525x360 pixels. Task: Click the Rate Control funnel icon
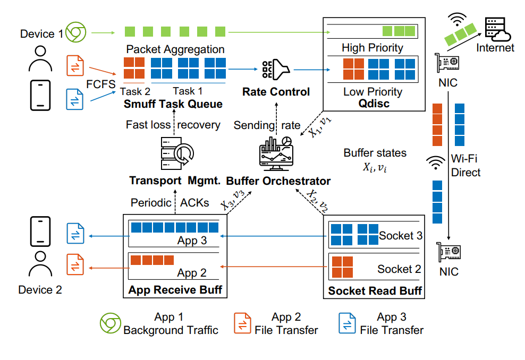tap(275, 69)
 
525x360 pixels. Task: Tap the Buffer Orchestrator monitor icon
tap(274, 152)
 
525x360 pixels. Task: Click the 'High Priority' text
tap(372, 48)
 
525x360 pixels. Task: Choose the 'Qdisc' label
tap(374, 104)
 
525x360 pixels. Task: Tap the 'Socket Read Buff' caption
tap(375, 290)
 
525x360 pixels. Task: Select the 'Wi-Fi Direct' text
tap(465, 165)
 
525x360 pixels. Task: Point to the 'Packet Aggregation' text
tap(175, 49)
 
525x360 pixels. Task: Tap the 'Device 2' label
tap(40, 290)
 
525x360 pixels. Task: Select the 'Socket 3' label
tap(401, 235)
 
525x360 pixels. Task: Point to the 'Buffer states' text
tap(375, 153)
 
